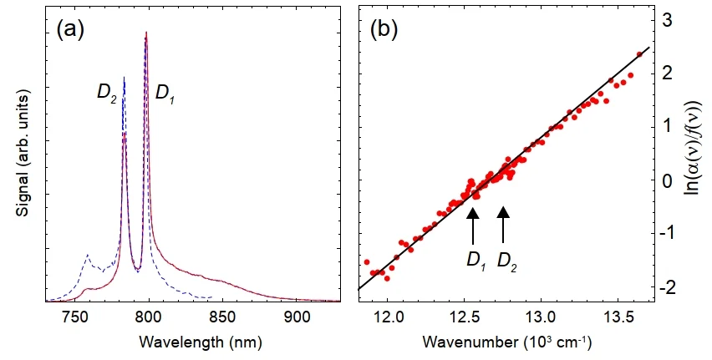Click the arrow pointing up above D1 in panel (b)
click(x=473, y=226)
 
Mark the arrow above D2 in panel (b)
click(x=503, y=226)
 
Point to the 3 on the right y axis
click(x=666, y=19)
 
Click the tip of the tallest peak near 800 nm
click(x=146, y=33)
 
